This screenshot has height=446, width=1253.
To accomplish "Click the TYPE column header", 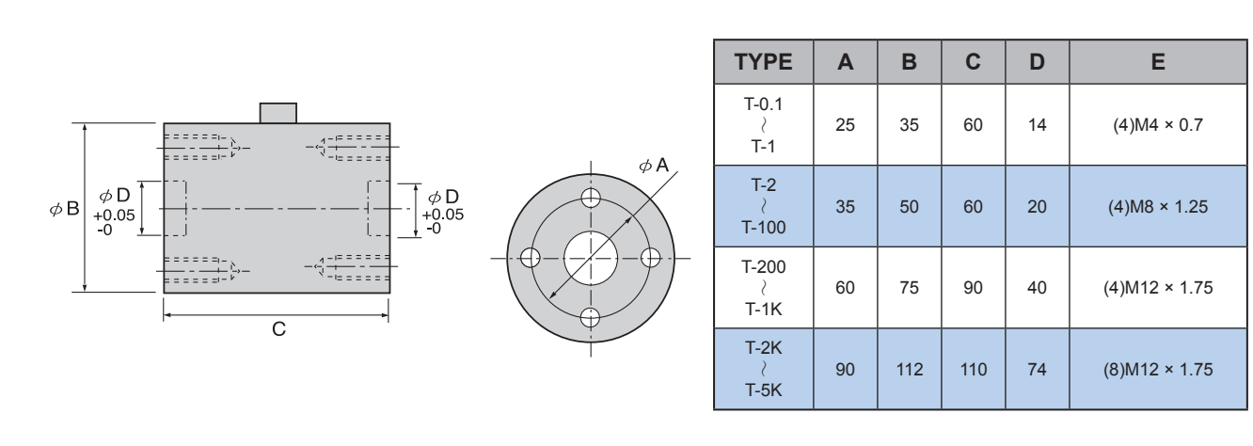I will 761,62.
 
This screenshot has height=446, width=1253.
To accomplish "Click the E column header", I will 1157,62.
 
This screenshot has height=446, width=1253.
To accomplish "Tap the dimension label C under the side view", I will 277,331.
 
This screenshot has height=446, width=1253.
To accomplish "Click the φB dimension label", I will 65,208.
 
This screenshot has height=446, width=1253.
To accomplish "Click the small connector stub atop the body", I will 278,113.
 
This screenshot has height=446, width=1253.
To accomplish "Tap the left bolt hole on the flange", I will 531,257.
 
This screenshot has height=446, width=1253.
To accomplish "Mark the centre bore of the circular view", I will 591,257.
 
